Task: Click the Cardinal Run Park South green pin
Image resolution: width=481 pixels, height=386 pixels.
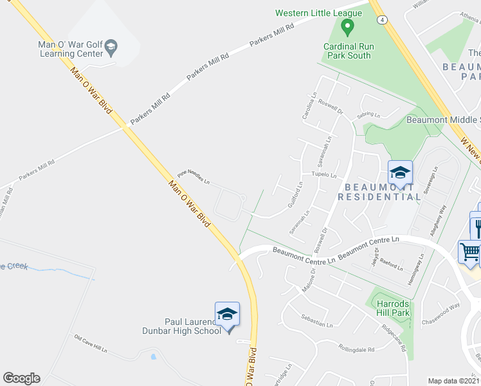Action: tap(347, 28)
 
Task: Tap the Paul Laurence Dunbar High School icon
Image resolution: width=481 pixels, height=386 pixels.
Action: tap(227, 314)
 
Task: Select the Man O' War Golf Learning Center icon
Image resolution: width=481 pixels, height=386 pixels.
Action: tap(111, 46)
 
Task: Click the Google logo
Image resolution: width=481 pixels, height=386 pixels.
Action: tap(21, 378)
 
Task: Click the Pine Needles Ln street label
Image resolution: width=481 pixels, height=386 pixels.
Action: tap(194, 178)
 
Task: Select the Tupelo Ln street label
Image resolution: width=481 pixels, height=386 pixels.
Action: tap(324, 174)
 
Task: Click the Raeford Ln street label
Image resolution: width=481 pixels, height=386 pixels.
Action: tap(391, 261)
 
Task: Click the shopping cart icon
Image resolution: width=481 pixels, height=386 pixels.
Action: tap(470, 252)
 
